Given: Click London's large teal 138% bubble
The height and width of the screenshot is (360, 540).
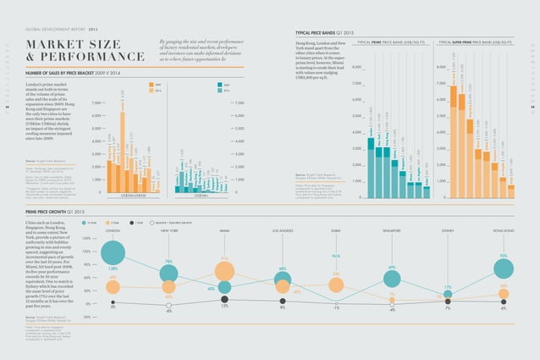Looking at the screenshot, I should [113, 252].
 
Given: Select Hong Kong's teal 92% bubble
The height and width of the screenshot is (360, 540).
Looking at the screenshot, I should [504, 269].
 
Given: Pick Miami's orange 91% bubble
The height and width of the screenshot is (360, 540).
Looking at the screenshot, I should [224, 271].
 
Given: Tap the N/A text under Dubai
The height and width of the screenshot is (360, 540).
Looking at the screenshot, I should [336, 256].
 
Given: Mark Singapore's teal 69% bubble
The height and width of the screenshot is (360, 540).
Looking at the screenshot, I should [392, 277].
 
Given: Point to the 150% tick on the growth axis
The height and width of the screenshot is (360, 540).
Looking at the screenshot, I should [86, 239].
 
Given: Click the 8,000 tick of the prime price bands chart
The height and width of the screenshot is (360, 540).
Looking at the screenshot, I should [356, 67].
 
